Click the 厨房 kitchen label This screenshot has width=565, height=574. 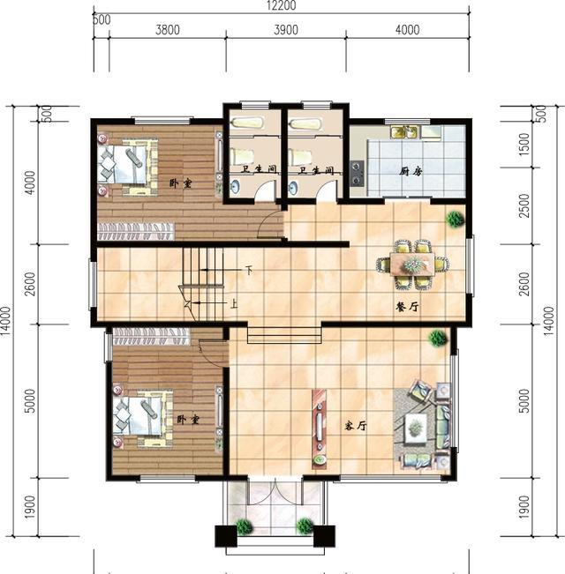411,171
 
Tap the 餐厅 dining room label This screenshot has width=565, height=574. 407,307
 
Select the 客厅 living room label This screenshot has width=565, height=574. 356,426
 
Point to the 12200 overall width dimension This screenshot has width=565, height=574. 282,5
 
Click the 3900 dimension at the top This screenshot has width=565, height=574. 286,30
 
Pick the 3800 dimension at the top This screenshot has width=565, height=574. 168,30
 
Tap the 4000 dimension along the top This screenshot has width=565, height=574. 408,30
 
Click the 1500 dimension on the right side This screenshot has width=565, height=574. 524,144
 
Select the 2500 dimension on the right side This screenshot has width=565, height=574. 524,205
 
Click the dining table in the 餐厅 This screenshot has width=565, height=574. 412,264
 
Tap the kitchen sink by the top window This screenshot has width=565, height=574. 403,132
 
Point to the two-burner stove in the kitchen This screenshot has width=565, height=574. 357,174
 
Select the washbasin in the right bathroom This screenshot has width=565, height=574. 293,188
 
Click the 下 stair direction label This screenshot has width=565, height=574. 249,271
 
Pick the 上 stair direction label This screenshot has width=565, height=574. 234,303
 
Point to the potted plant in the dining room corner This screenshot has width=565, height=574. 455,220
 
